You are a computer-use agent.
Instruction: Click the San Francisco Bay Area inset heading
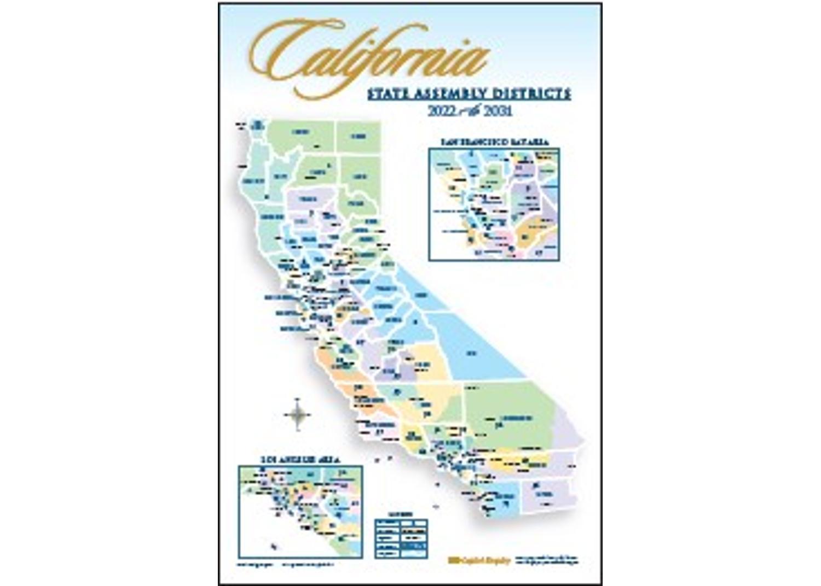[494, 142]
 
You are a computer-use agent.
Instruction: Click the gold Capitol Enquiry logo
[479, 560]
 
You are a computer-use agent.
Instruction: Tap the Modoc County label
[359, 136]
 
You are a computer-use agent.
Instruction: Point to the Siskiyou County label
[300, 132]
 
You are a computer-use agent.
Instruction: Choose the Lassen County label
[360, 177]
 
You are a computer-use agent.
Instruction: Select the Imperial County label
[545, 494]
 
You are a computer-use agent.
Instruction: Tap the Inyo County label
[471, 353]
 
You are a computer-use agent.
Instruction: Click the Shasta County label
[317, 172]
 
